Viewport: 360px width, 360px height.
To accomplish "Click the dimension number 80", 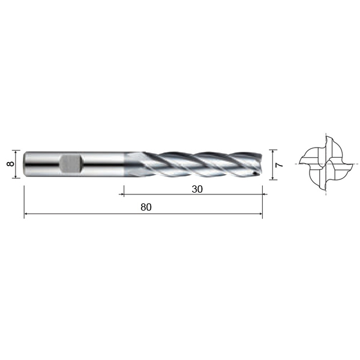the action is click(146, 207).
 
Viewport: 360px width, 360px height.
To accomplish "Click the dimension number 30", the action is click(197, 189).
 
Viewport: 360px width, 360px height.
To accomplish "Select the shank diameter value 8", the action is click(11, 164).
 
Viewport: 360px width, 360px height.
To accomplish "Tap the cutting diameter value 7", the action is click(279, 165).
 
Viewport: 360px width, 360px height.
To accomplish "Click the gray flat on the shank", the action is click(71, 164).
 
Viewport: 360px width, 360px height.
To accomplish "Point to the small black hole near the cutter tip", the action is click(254, 173).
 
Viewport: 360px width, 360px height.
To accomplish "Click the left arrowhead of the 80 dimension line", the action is click(26, 214).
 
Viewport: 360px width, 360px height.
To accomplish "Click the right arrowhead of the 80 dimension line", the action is click(260, 214).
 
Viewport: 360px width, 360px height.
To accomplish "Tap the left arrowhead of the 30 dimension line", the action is click(122, 194).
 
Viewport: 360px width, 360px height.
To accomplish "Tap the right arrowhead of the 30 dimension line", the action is click(265, 194).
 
